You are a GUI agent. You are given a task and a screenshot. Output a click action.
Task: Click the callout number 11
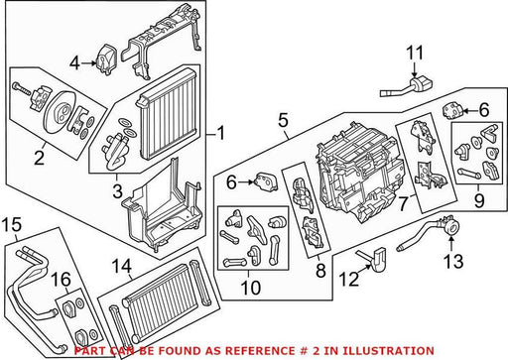(415, 54)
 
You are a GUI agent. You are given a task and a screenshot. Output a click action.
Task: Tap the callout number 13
(453, 261)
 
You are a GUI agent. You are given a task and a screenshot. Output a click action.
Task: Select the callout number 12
(349, 280)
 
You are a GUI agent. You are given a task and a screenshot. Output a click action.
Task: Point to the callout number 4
(74, 62)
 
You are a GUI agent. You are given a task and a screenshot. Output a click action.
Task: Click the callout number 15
(12, 224)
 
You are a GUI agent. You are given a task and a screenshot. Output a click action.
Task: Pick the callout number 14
(121, 266)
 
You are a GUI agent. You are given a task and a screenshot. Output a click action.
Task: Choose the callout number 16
(62, 280)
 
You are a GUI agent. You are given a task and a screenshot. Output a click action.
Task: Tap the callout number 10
(250, 288)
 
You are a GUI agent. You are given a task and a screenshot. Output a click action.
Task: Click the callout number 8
(320, 271)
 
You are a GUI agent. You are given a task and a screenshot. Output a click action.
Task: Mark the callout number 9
(479, 200)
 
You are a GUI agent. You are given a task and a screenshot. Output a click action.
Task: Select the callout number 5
(284, 120)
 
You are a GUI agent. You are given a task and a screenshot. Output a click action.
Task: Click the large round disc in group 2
(61, 112)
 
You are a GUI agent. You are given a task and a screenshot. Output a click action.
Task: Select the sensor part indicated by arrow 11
(408, 86)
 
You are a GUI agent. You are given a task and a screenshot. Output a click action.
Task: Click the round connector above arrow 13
(450, 227)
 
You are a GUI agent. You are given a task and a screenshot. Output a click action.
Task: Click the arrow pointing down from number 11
(414, 70)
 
